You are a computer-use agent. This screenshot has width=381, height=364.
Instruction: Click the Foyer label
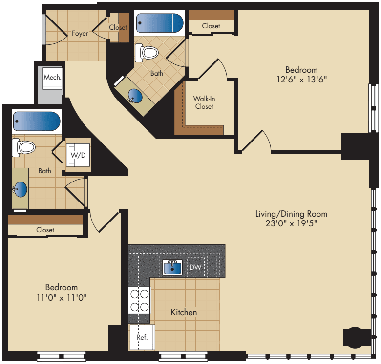80,34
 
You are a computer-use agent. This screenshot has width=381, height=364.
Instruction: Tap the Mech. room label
52,77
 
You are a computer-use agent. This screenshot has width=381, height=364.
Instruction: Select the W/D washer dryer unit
78,155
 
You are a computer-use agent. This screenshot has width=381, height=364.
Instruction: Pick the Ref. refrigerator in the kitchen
142,337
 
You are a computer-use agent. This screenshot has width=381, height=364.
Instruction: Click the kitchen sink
172,267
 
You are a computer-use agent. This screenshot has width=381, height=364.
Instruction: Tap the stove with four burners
139,301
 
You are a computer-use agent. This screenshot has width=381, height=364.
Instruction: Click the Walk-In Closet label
204,102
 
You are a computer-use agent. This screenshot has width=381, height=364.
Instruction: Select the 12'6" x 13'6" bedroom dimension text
301,80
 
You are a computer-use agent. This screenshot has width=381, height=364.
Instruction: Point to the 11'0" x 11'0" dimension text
62,297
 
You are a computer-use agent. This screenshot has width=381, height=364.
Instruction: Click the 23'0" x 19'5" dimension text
291,223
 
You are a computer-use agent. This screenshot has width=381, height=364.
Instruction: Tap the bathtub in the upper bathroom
159,23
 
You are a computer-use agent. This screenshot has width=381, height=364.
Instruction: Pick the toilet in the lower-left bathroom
24,147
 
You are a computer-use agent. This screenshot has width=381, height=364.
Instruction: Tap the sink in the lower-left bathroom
21,188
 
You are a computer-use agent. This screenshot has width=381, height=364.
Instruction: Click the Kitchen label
184,312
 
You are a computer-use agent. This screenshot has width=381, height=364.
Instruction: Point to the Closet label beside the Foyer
118,27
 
